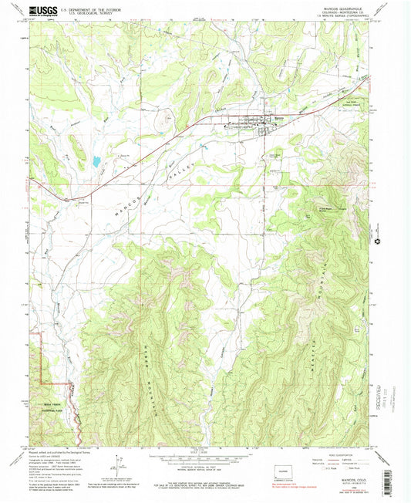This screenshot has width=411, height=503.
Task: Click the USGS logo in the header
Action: click(39, 11)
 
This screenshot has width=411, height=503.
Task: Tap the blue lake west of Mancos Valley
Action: click(95, 162)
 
